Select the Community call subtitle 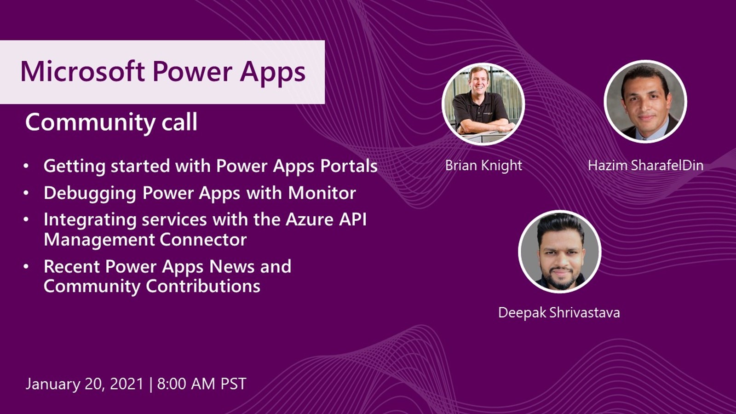tap(111, 122)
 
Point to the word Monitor tap(322, 193)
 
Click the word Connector tap(203, 240)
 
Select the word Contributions tap(203, 286)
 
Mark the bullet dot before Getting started tap(26, 167)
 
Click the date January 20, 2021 tap(85, 384)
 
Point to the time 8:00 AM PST tap(201, 384)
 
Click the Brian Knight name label tap(483, 165)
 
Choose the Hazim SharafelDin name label tap(645, 165)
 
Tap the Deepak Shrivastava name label tap(559, 312)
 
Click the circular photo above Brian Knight tap(483, 104)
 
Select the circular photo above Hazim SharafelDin tap(645, 102)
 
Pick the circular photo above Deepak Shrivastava tap(560, 252)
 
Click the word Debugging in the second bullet tap(90, 193)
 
